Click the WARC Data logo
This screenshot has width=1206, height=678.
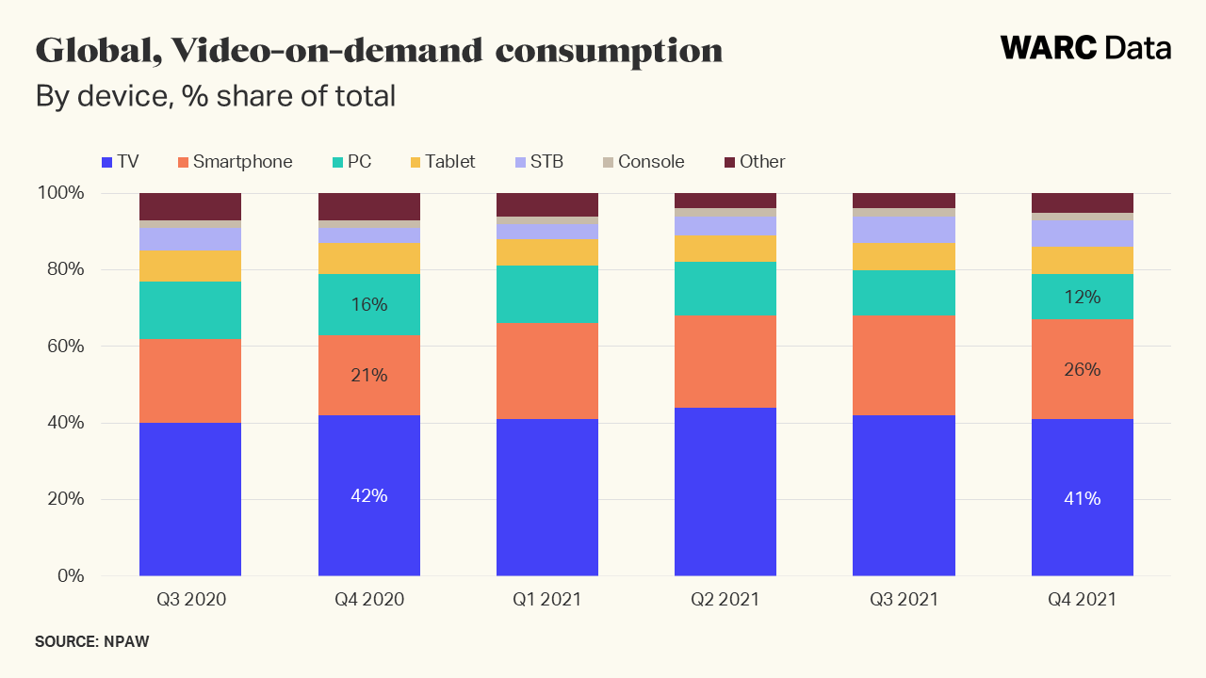[x=1085, y=48]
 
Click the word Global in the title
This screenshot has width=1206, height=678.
[x=89, y=50]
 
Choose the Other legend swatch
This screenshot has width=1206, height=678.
[x=729, y=162]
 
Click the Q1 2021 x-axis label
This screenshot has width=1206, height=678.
[x=547, y=599]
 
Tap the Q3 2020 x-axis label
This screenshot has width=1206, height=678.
[x=190, y=599]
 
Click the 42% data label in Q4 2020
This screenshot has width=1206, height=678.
[x=369, y=495]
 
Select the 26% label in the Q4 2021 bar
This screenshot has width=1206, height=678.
[x=1083, y=370]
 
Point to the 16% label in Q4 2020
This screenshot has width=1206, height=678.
[x=369, y=305]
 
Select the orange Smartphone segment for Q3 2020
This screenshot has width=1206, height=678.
[x=190, y=380]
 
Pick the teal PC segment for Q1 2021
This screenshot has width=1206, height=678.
[x=547, y=294]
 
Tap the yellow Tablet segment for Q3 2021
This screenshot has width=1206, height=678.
[x=904, y=256]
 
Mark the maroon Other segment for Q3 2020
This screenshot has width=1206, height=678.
[x=190, y=206]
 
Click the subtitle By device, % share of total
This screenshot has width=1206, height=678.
[x=215, y=96]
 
